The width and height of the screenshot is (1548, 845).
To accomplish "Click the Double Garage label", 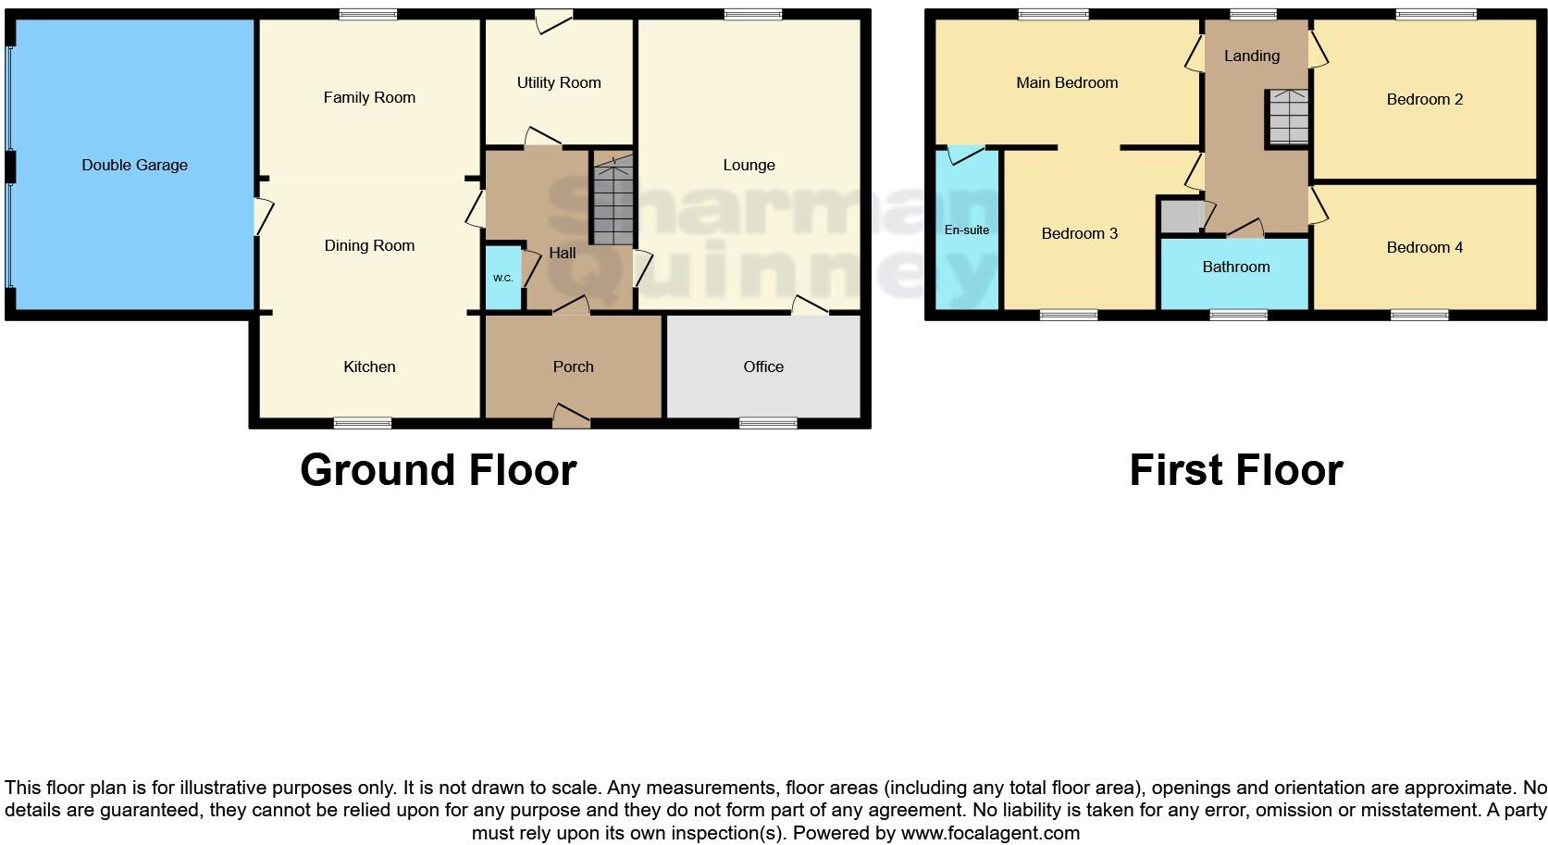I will [x=134, y=165].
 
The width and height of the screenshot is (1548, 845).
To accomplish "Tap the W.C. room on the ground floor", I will [x=502, y=277].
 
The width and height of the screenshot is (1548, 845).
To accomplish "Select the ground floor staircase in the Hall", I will [x=612, y=205].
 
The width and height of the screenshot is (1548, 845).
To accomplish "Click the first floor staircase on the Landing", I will [x=1288, y=118].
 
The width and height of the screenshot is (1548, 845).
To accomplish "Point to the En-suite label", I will [x=966, y=230].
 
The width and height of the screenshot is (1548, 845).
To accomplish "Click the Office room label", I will [x=763, y=367].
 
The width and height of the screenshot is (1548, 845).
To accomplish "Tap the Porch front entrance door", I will [x=571, y=416].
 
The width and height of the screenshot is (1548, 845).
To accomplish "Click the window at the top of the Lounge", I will [x=752, y=14].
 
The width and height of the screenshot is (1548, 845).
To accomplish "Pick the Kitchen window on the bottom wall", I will [x=362, y=423].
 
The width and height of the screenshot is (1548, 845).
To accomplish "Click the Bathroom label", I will [x=1235, y=267].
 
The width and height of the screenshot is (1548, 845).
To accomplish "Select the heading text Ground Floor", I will [x=438, y=470].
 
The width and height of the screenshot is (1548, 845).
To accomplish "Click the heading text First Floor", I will [x=1235, y=470].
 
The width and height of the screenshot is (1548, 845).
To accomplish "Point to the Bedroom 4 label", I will [x=1424, y=247].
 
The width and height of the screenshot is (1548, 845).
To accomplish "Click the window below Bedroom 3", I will [x=1068, y=316].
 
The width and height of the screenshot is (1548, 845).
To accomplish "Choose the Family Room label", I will [x=369, y=97].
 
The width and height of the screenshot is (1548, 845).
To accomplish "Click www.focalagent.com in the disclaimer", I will [x=990, y=833].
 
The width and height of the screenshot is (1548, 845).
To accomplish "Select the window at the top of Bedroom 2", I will [x=1436, y=14].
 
